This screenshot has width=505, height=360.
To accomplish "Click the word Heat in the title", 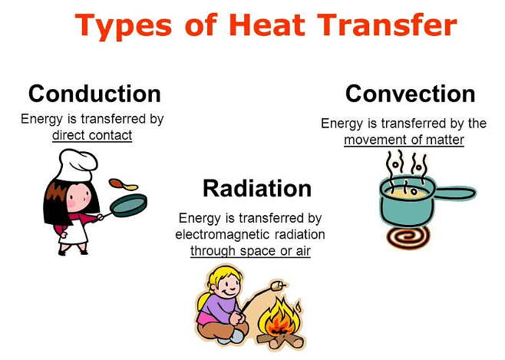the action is point(267,25).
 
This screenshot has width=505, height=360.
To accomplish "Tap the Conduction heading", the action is point(94,94).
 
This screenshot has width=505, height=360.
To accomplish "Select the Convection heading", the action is point(410,94).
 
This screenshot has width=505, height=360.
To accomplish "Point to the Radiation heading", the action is point(257,188).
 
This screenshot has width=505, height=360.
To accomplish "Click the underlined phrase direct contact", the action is point(92,135).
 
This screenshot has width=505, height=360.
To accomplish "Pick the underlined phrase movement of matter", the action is point(404,140).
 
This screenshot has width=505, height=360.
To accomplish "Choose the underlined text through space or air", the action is point(250,251).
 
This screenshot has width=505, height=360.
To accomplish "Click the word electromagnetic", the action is point(222,234).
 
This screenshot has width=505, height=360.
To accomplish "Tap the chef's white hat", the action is point(78,165).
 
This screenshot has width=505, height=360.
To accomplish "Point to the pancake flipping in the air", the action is point(124,184).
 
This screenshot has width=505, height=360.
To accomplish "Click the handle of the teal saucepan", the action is point(454,193).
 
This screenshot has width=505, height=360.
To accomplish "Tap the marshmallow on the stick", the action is point(276,286).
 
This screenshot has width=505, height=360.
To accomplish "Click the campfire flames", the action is point(279,318).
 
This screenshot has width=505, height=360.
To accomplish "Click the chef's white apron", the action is point(74,232).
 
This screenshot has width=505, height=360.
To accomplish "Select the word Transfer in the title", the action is point(387,25).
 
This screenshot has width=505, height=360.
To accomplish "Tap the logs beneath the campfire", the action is point(281,341).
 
